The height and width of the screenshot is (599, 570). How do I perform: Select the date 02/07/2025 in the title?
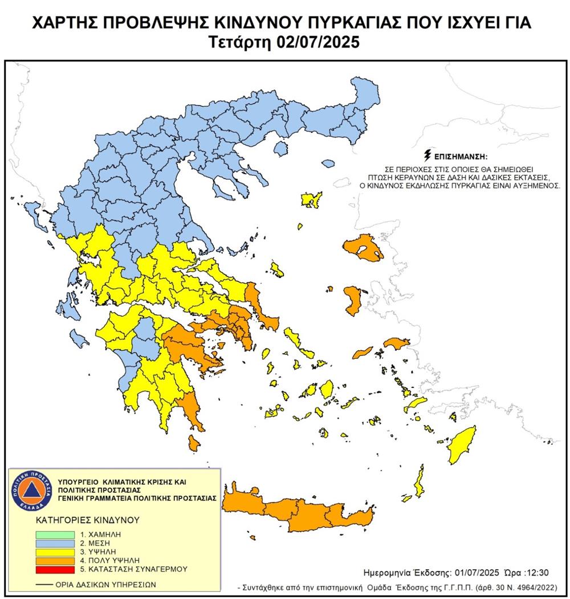[x=324, y=43]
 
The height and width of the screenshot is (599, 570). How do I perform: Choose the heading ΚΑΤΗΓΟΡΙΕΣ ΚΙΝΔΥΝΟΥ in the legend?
[x=80, y=520]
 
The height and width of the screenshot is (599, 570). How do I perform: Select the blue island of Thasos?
[x=280, y=149]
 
